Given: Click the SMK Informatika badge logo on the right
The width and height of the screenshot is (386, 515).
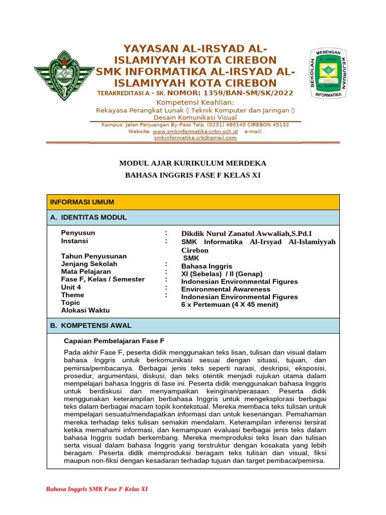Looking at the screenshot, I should pyautogui.click(x=330, y=73).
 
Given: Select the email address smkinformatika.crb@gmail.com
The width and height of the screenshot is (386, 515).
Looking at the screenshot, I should pyautogui.click(x=195, y=137).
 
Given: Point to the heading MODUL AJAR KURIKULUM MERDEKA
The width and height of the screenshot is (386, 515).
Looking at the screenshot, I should pyautogui.click(x=192, y=163).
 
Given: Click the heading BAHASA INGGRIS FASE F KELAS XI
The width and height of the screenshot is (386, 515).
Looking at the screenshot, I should pyautogui.click(x=192, y=175).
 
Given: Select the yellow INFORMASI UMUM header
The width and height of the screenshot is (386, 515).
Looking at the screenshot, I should pyautogui.click(x=82, y=202).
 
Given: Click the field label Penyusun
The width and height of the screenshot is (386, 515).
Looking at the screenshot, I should pyautogui.click(x=78, y=233).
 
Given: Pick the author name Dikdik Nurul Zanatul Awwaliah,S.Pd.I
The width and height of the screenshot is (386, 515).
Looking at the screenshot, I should pyautogui.click(x=246, y=234).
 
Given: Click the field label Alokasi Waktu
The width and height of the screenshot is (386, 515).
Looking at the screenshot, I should pyautogui.click(x=85, y=310).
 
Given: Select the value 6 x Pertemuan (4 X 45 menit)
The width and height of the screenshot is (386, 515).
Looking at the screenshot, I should pyautogui.click(x=230, y=304).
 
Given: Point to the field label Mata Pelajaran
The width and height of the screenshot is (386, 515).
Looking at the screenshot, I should pyautogui.click(x=86, y=272).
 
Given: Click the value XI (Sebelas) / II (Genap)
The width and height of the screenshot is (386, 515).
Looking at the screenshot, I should pyautogui.click(x=222, y=274).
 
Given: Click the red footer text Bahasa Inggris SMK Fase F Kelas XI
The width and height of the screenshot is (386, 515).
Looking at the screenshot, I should pyautogui.click(x=96, y=489).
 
